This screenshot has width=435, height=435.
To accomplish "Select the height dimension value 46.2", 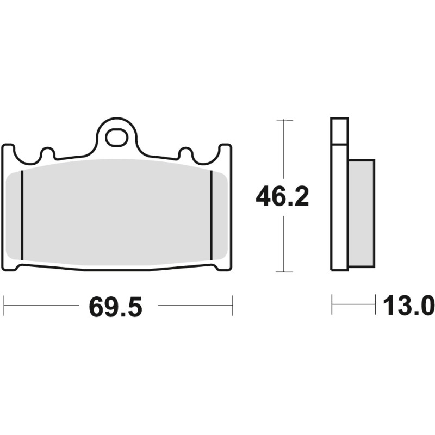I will click(x=282, y=197).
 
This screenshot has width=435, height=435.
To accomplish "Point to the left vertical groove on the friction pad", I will click(x=22, y=215).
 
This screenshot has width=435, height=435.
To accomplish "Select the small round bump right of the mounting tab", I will click(x=185, y=153).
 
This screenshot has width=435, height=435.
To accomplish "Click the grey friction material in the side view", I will click(x=361, y=213).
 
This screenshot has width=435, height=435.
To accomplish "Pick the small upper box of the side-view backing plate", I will click(x=339, y=131).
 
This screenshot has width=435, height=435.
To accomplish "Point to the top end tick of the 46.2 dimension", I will click(x=284, y=120).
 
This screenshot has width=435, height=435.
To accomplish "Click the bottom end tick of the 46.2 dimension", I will click(x=284, y=271).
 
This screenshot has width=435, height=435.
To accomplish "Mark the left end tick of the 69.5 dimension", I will click(x=4, y=306).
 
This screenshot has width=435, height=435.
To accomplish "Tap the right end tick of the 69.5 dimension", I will click(x=232, y=306).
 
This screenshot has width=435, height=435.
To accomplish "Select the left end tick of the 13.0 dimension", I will click(x=332, y=304).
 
